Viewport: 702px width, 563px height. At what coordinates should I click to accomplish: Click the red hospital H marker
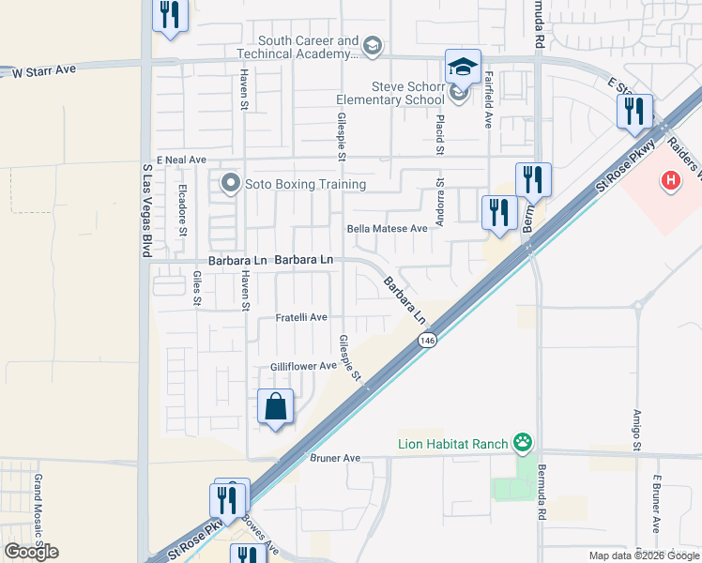(x=670, y=180)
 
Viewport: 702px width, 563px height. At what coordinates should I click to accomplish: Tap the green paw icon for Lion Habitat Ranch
(x=523, y=442)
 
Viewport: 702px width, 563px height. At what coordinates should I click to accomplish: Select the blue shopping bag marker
(x=275, y=407)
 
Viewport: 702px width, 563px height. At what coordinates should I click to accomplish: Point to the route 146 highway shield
(x=428, y=340)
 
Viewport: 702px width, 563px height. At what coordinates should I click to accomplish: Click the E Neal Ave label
(x=181, y=160)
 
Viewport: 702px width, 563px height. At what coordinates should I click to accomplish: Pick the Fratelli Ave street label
(x=301, y=318)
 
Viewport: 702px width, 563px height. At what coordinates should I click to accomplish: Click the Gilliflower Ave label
(x=303, y=366)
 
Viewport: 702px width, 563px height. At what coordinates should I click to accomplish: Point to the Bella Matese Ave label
(x=387, y=228)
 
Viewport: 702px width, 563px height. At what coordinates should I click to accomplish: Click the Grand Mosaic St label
(x=39, y=510)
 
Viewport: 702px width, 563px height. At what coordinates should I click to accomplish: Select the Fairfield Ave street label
(x=488, y=103)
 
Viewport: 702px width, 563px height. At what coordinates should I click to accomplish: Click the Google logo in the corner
(x=31, y=552)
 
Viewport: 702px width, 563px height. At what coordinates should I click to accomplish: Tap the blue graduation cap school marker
(x=463, y=66)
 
